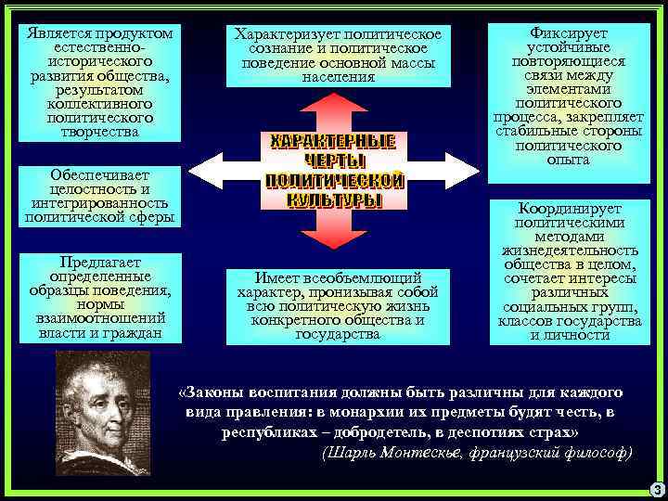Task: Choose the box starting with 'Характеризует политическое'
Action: point(338,56)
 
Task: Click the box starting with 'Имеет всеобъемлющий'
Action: point(338,305)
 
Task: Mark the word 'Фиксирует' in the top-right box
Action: point(570,32)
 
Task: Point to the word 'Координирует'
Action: point(571,209)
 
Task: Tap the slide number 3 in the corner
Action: point(656,490)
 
